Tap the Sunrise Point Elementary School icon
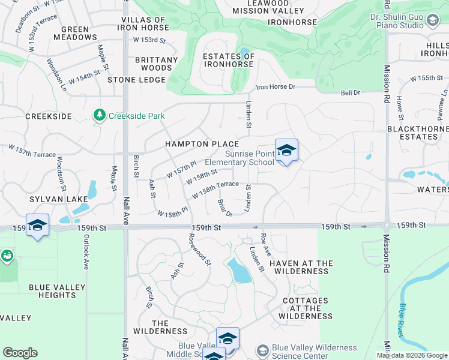tap(286, 149)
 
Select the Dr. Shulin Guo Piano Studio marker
tap(432, 21)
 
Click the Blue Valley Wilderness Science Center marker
tap(262, 350)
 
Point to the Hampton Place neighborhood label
tap(202, 144)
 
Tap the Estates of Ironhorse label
tap(229, 61)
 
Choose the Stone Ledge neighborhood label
tap(136, 80)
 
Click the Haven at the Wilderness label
tap(301, 267)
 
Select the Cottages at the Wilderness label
tap(305, 308)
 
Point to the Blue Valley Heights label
tap(57, 292)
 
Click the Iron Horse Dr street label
tap(276, 87)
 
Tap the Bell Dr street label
tap(350, 92)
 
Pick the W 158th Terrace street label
tap(215, 190)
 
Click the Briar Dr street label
tap(224, 208)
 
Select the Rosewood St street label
tap(201, 253)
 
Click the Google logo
tap(20, 353)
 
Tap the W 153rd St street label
tap(149, 40)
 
